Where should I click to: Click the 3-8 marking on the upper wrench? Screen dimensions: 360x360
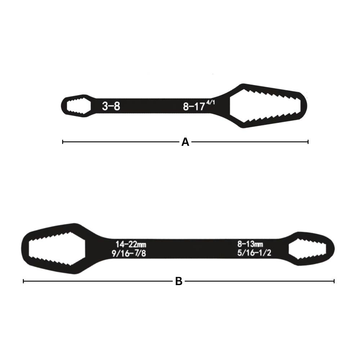click(110, 107)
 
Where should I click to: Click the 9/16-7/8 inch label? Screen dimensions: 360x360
click(129, 254)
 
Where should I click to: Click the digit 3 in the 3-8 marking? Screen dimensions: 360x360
click(104, 107)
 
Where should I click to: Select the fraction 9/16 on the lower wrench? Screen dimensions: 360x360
click(119, 254)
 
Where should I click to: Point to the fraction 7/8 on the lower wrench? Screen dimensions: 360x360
click(139, 254)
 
